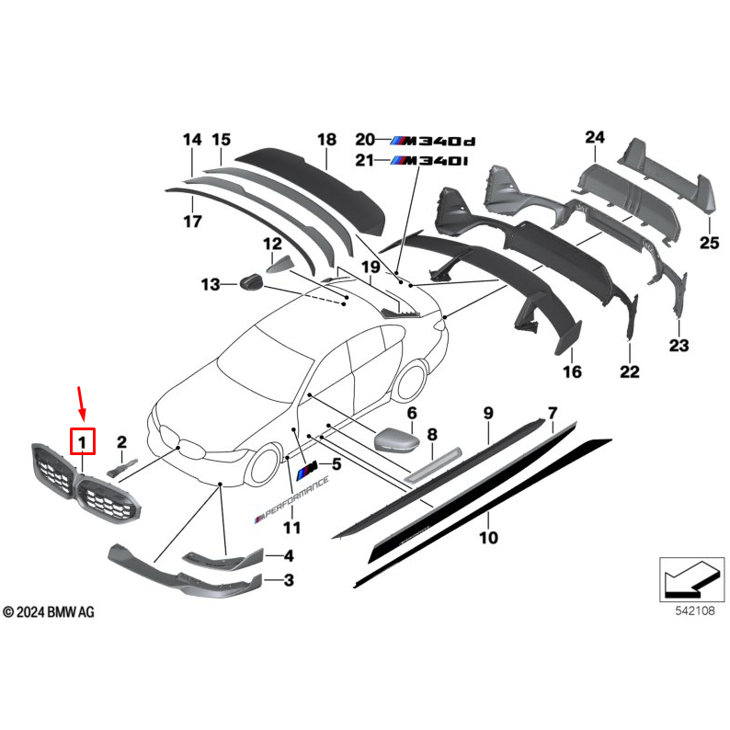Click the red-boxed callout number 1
pyautogui.click(x=83, y=443)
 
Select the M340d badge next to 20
pyautogui.click(x=433, y=141)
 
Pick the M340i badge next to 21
pyautogui.click(x=430, y=161)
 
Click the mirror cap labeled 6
pyautogui.click(x=395, y=439)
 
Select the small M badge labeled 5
pyautogui.click(x=307, y=468)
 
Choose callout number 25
pyautogui.click(x=708, y=242)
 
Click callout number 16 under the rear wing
pyautogui.click(x=572, y=371)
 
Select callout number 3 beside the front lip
pyautogui.click(x=288, y=580)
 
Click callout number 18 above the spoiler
pyautogui.click(x=326, y=140)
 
